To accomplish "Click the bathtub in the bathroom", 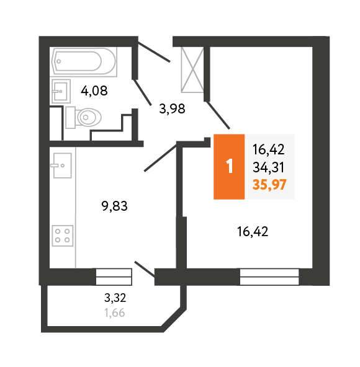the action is (84, 61).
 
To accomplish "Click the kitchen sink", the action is (61, 166).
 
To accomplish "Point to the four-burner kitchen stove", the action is (63, 236).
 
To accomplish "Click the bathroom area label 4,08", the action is (94, 91).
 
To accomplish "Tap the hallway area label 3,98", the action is (173, 109).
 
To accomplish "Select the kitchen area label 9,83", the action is (115, 206).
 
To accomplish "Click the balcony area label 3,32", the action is (115, 298).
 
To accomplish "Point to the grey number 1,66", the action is (115, 312).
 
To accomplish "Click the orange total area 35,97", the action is (269, 185).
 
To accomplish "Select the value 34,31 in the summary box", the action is (269, 167).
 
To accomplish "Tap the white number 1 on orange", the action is (230, 166).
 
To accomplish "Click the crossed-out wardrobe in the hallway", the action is (192, 69).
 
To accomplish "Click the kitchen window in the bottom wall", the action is (114, 277).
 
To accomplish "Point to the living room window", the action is (269, 277).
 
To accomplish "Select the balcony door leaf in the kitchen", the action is (145, 270).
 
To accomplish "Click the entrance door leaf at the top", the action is (154, 51).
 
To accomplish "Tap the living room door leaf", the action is (218, 115).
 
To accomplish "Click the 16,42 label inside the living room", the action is (253, 231).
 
